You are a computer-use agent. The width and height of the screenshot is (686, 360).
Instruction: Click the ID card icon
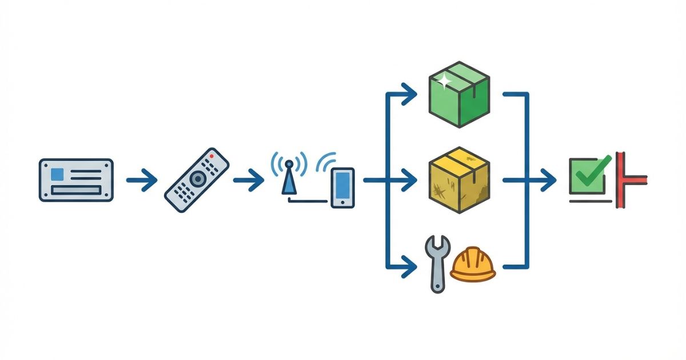click(76, 180)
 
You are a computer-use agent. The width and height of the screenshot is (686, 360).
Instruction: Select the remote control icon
click(196, 180)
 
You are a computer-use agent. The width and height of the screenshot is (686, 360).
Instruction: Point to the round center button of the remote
click(197, 179)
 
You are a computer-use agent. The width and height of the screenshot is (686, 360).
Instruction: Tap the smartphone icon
click(342, 187)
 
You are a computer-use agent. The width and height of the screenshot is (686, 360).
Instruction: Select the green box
click(459, 94)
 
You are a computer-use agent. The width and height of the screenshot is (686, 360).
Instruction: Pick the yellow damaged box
click(459, 180)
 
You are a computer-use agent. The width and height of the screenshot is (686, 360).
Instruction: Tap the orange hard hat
click(473, 265)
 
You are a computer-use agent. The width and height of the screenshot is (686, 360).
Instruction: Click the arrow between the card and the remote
click(141, 181)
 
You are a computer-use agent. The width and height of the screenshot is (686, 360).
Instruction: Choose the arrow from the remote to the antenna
click(248, 181)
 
